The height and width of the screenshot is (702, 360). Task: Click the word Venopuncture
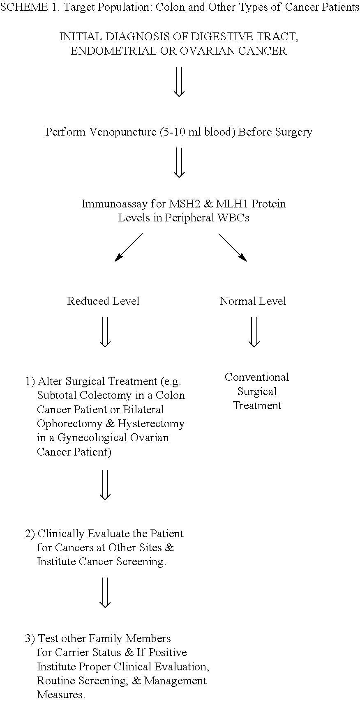123,132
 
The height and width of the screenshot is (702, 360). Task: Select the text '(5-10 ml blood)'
198,132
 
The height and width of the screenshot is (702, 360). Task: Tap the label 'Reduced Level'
103,301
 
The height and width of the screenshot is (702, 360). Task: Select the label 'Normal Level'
253,301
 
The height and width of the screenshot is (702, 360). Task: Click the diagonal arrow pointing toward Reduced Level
129,247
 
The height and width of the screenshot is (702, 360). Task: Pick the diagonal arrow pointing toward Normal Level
232,247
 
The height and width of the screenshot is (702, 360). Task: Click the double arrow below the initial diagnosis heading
179,82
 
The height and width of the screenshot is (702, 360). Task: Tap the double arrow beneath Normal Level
254,332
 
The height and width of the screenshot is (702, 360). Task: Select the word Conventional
257,377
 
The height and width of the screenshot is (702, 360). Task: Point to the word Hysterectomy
151,424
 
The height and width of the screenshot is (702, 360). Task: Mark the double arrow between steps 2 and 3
105,593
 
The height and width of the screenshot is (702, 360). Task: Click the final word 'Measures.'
61,695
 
